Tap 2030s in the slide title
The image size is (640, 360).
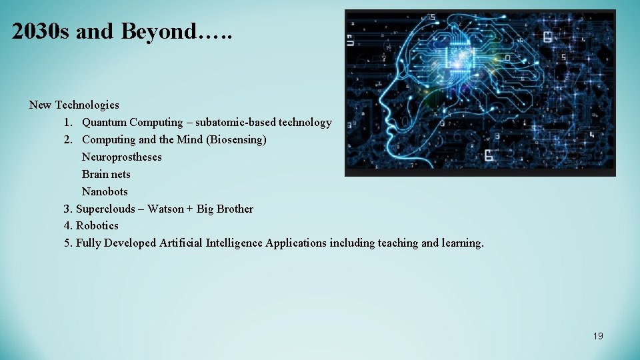click(x=40, y=31)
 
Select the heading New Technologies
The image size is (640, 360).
click(x=74, y=105)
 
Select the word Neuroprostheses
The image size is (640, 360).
click(x=121, y=157)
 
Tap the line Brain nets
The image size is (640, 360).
click(x=106, y=174)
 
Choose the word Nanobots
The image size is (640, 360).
click(x=105, y=191)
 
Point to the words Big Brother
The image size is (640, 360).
click(x=225, y=209)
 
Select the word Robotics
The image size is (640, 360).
click(x=97, y=225)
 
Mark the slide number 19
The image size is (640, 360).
click(x=597, y=336)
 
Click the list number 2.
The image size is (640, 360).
click(x=68, y=139)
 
